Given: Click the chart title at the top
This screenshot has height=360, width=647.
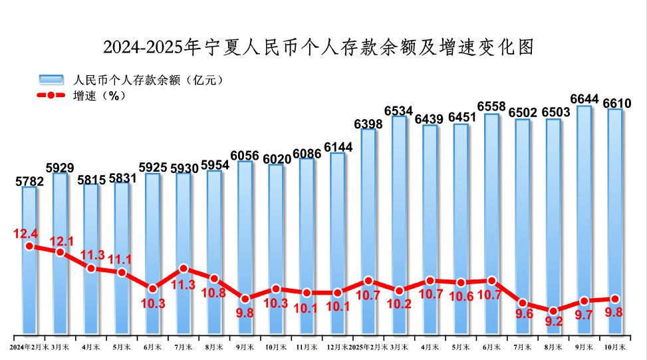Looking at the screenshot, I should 319,47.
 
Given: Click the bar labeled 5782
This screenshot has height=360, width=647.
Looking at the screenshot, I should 29,220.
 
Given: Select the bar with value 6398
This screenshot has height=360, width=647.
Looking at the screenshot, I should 368,200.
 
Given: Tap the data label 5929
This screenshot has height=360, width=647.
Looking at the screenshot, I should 60,166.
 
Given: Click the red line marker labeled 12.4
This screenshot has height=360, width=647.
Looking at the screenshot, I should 29,246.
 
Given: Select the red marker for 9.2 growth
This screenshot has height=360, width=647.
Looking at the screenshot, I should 553,311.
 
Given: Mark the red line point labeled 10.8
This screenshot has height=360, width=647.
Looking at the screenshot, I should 214,279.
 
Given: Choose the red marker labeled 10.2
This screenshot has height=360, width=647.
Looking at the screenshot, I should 400,291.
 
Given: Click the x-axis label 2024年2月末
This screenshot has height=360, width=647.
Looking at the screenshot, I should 29,347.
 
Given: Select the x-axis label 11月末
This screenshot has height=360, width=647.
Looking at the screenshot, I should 307,347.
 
